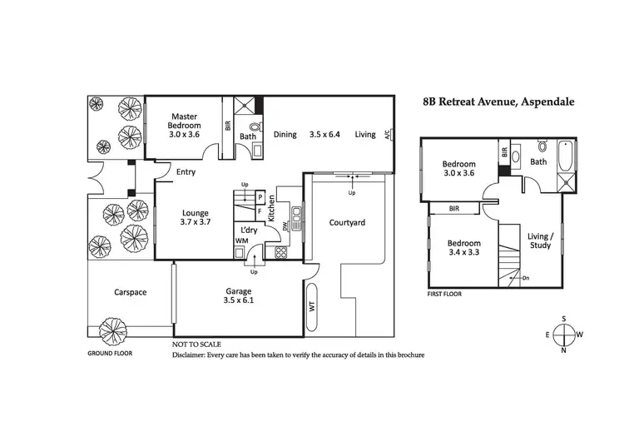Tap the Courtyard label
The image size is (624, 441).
coord(347,223)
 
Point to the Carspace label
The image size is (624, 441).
coord(130,292)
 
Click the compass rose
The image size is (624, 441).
coord(564,334)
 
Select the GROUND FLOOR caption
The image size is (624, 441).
coord(110,353)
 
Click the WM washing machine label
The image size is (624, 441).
coord(242,240)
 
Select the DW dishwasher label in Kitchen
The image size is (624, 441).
coord(285,225)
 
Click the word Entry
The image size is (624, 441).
coord(186,173)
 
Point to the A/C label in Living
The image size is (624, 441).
coord(387,135)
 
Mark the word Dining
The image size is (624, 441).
coord(285,134)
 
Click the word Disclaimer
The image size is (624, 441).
coord(193,354)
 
